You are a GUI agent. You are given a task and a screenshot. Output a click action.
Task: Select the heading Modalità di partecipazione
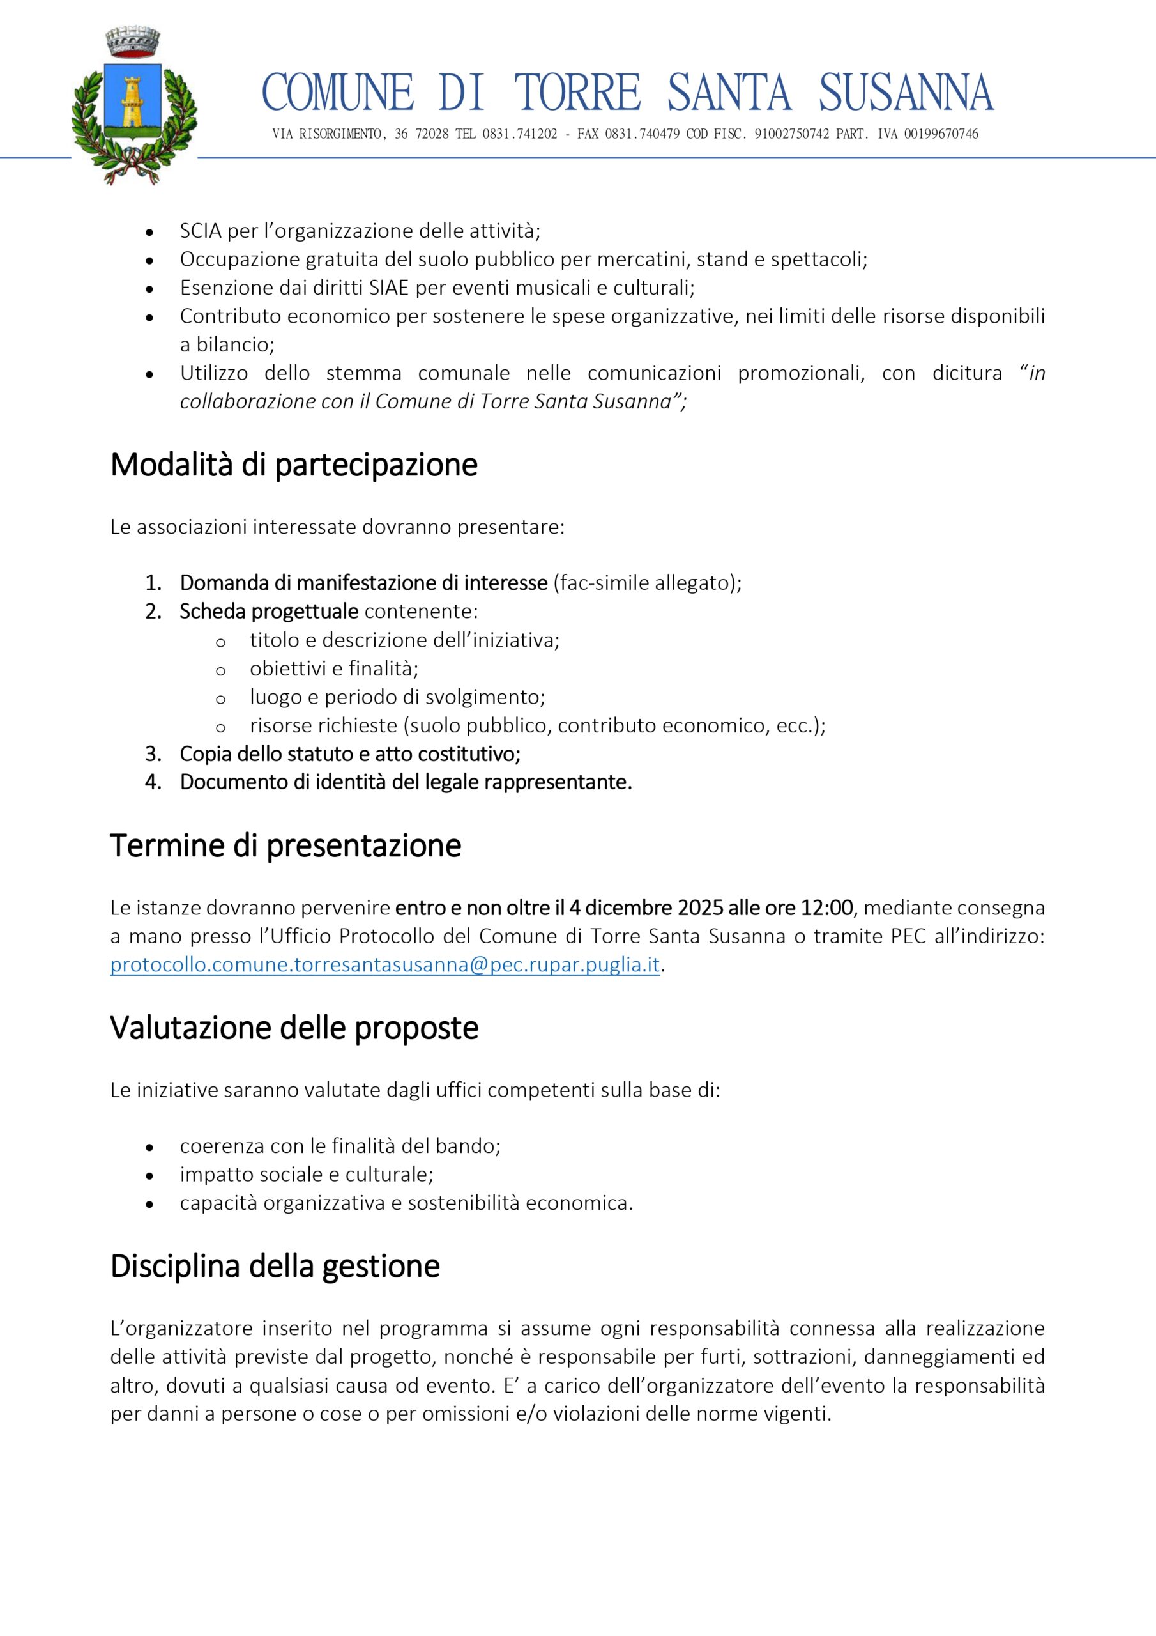293,465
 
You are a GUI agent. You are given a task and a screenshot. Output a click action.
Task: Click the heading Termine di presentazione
285,845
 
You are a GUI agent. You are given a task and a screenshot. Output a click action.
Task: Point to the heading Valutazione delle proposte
294,1028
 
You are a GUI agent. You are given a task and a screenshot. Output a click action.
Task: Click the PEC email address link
385,965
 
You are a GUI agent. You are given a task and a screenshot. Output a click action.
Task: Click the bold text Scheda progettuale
268,612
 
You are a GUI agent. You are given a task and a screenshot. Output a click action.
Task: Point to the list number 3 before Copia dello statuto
153,754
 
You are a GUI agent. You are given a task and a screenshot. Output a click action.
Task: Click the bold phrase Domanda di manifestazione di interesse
363,583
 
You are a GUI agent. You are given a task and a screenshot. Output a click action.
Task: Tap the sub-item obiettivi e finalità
333,668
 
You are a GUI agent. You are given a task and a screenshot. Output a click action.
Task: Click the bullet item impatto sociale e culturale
307,1174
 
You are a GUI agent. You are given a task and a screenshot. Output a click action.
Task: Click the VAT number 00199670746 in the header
941,134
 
